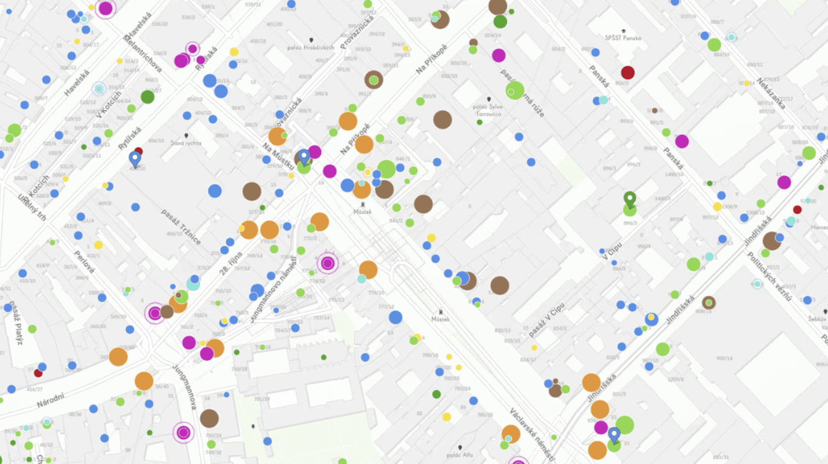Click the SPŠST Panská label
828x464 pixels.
pyautogui.click(x=623, y=38)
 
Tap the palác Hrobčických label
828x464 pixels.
pyautogui.click(x=310, y=48)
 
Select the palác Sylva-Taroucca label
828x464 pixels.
pyautogui.click(x=488, y=110)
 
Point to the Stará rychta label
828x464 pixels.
pyautogui.click(x=186, y=143)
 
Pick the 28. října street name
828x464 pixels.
pyautogui.click(x=231, y=263)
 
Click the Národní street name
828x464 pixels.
pyautogui.click(x=51, y=399)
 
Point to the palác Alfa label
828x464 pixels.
pyautogui.click(x=460, y=455)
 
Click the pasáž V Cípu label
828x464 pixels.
pyautogui.click(x=547, y=320)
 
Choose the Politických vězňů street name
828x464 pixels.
pyautogui.click(x=769, y=277)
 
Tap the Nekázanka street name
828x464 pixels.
pyautogui.click(x=771, y=93)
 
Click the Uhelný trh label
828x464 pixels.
pyautogui.click(x=32, y=208)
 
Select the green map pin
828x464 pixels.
pyautogui.click(x=629, y=199)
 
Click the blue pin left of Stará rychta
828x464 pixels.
pyautogui.click(x=135, y=158)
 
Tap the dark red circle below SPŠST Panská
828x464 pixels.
pyautogui.click(x=627, y=72)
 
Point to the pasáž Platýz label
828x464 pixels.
pyautogui.click(x=15, y=323)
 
